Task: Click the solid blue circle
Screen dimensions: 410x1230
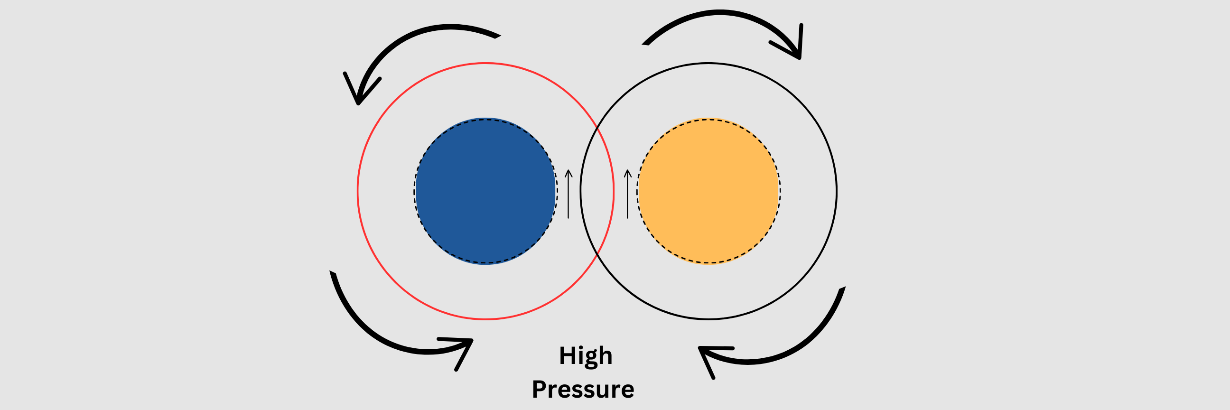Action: [x=485, y=191]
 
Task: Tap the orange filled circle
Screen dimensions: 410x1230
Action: [x=708, y=191]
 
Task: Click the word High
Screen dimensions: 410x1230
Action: [x=586, y=356]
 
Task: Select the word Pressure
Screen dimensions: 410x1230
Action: [x=583, y=390]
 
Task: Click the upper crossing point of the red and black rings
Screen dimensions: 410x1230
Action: [x=597, y=128]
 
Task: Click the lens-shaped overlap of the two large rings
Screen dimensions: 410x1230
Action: [x=597, y=191]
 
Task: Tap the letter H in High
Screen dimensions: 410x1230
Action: [x=567, y=355]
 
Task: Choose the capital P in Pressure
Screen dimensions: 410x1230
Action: [x=540, y=390]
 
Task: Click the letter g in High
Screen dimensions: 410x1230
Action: [x=590, y=358]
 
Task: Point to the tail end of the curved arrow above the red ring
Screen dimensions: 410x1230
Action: [x=497, y=36]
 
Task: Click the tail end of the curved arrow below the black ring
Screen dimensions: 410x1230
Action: [x=842, y=289]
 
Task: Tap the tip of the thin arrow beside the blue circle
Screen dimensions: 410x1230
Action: [x=568, y=170]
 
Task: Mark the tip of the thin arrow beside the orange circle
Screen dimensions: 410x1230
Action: [x=627, y=170]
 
